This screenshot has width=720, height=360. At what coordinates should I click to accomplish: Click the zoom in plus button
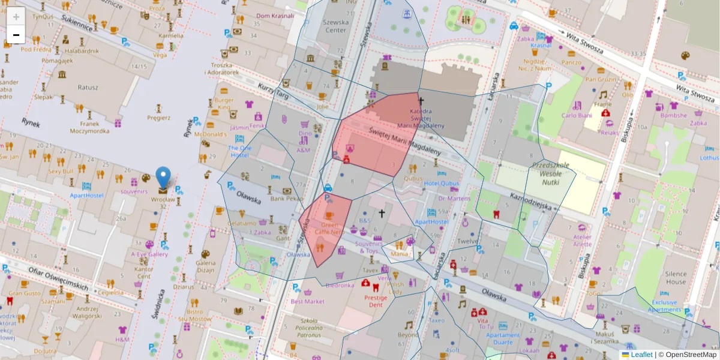(16, 17)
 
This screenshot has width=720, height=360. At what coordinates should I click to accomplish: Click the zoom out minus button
(16, 35)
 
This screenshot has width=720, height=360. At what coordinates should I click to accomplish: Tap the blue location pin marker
(163, 178)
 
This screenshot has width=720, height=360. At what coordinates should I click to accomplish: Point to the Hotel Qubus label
(441, 184)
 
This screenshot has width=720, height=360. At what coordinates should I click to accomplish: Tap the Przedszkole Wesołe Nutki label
(542, 173)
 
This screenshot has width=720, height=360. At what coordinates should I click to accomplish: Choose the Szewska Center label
(335, 26)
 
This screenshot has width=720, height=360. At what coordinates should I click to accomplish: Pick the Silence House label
(675, 278)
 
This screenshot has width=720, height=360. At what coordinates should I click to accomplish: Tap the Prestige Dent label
(376, 301)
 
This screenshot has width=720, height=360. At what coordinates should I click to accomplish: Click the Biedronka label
(340, 286)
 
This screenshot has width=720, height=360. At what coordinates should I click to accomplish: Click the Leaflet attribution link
(641, 355)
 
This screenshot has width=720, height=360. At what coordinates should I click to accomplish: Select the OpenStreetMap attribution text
(691, 355)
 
